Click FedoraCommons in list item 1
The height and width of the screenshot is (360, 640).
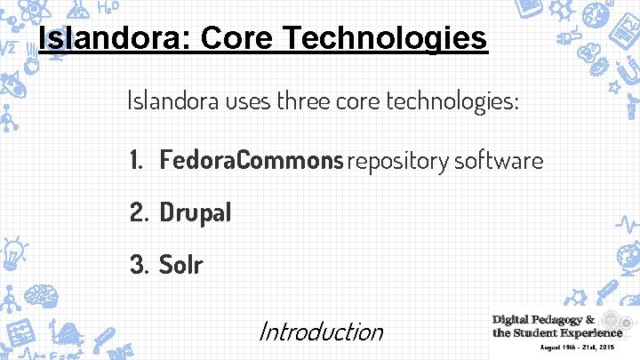coord(252,161)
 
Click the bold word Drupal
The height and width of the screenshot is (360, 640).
coord(196,212)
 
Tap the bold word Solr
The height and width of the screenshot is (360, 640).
coord(181,264)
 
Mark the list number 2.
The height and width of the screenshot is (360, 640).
coord(139,212)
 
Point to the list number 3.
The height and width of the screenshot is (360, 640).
coord(139,264)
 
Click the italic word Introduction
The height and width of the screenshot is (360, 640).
coord(321,332)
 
